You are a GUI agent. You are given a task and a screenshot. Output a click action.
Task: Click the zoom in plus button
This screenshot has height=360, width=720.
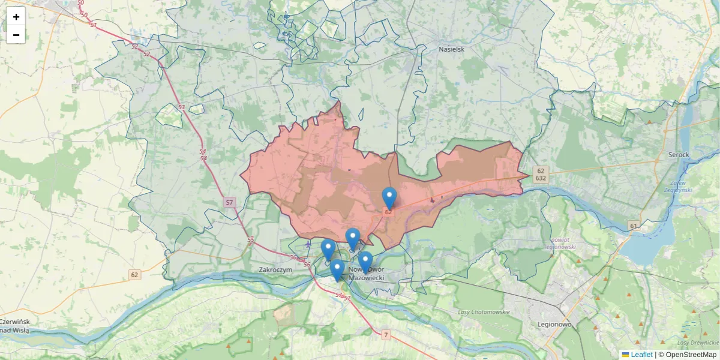(16, 17)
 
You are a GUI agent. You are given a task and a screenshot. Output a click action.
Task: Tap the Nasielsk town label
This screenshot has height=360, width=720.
(451, 49)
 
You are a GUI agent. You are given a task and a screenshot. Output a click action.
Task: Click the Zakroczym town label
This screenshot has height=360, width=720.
(275, 270)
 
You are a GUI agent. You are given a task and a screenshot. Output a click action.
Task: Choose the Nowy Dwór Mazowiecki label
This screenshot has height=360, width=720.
(366, 274)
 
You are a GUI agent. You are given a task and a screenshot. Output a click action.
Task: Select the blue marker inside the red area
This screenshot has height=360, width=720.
(389, 197)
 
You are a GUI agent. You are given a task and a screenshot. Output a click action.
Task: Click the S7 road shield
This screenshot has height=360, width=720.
(230, 202)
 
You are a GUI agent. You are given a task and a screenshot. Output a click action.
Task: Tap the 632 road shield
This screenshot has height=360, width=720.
(541, 178)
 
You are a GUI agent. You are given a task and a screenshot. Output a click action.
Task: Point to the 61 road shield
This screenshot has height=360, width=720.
(634, 226)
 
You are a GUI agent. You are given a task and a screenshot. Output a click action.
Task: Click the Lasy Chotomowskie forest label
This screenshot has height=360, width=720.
(484, 312)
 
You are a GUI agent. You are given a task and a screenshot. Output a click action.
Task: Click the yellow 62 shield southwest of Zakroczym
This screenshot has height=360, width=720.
(134, 275)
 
